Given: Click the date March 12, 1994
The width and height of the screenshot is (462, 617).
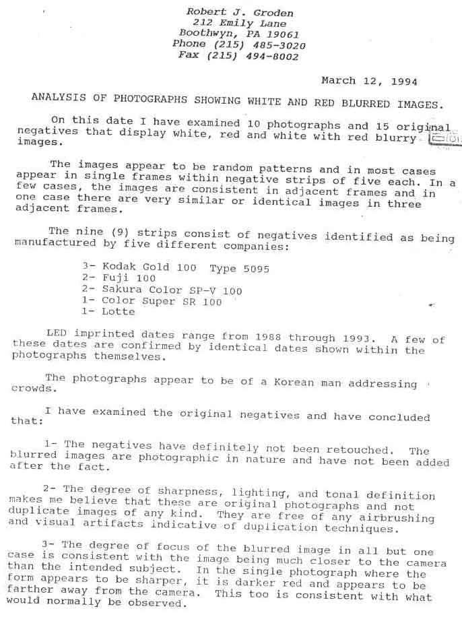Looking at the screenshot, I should (369, 82).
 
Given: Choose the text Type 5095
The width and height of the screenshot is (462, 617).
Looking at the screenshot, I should (239, 268).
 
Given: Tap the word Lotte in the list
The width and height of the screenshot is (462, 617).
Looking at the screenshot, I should (119, 312).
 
